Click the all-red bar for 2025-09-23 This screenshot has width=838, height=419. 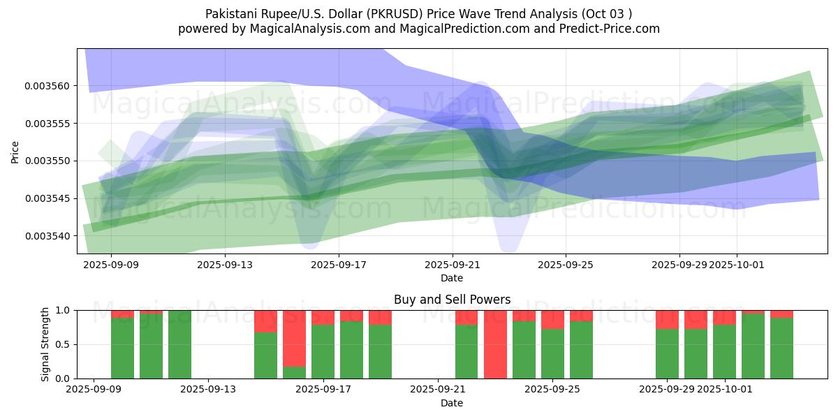coord(495,344)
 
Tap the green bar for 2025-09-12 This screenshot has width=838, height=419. coord(179,344)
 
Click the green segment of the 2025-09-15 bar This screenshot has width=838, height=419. coord(265,355)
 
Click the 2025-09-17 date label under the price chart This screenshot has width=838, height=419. coord(338,265)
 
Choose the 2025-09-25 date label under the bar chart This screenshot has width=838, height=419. coord(552,389)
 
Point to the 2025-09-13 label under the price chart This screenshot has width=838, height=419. coord(224,265)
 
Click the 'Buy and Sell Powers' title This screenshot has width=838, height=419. coord(452,300)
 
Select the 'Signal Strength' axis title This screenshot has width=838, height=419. coord(46,344)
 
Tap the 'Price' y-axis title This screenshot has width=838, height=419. coord(15,151)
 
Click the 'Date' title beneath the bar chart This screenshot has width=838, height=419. coord(452,403)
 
